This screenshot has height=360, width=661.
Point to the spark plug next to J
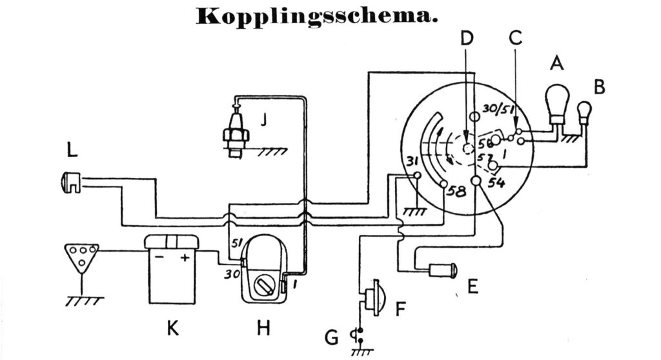tap(235, 129)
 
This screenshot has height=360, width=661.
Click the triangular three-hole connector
tap(81, 255)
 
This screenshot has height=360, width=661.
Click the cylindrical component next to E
tap(443, 270)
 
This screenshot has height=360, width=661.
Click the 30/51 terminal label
tap(497, 110)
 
